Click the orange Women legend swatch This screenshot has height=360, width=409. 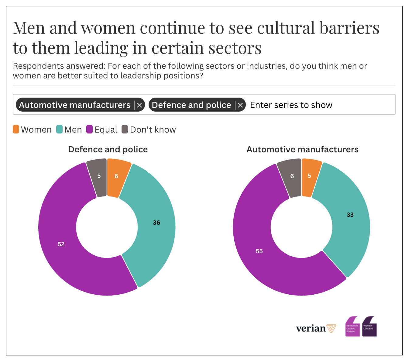pos(16,129)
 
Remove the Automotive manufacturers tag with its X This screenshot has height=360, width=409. pos(139,105)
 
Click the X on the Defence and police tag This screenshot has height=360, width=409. pos(240,105)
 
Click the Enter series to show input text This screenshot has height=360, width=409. pos(291,105)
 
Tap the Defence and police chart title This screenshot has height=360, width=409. pos(108,150)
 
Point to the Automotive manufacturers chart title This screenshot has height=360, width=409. pos(302,150)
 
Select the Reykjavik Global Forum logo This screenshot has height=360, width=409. pos(352,327)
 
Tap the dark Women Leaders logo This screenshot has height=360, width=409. pos(369,327)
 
